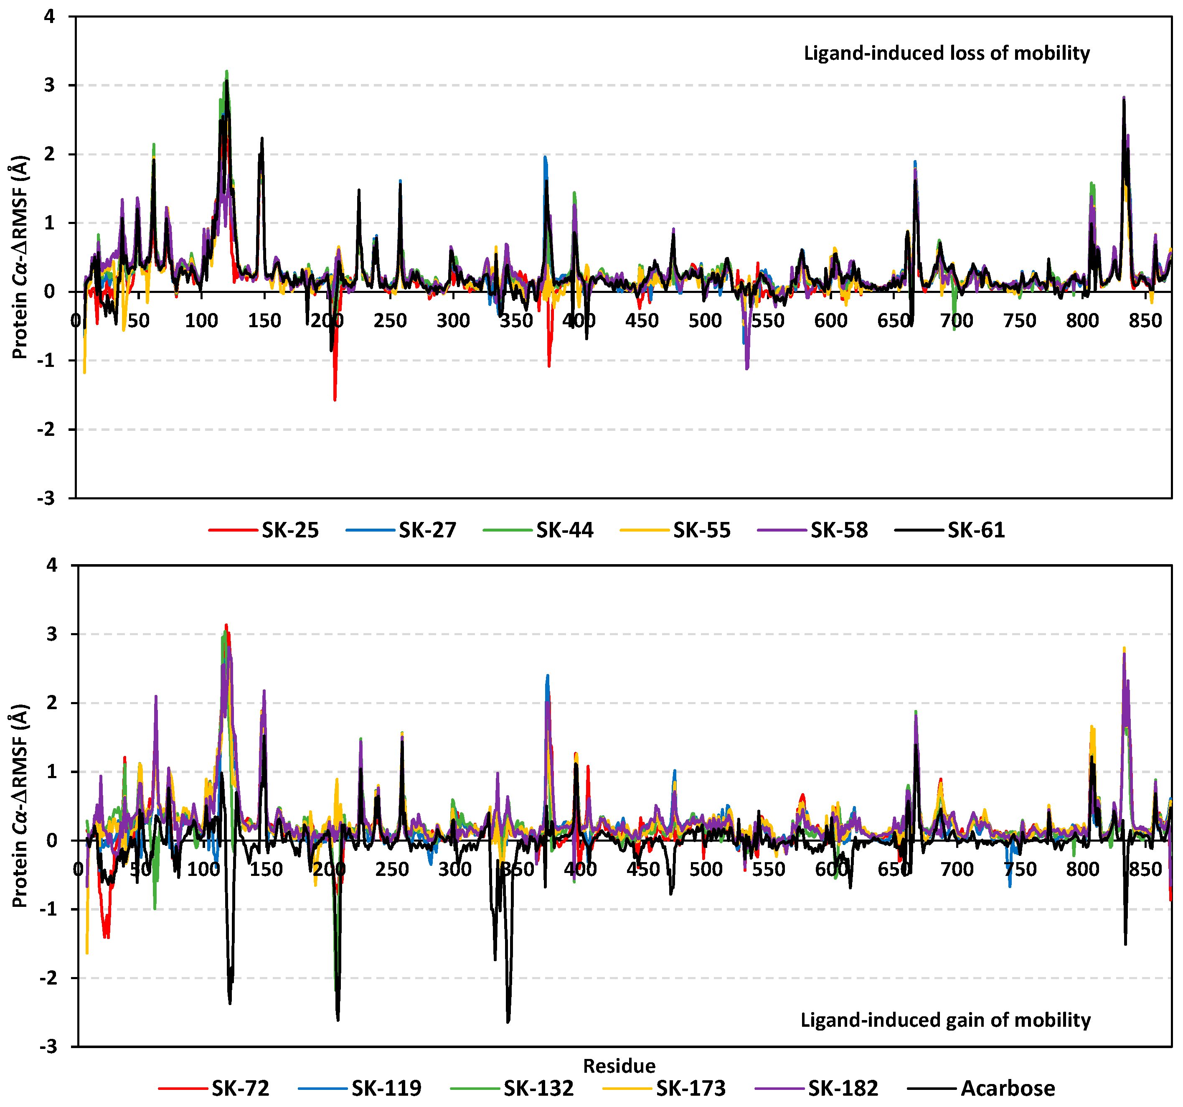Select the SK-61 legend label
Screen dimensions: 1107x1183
(975, 530)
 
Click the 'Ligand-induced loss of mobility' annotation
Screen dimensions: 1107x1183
(946, 53)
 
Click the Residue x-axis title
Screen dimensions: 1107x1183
(619, 1066)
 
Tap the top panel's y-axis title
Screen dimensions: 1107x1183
(20, 257)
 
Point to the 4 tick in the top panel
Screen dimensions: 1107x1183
(49, 17)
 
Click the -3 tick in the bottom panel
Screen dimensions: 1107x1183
(47, 1047)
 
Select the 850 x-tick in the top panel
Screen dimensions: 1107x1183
(1145, 321)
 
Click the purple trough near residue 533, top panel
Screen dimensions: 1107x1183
(747, 368)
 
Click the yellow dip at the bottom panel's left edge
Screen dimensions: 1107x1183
(87, 953)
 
